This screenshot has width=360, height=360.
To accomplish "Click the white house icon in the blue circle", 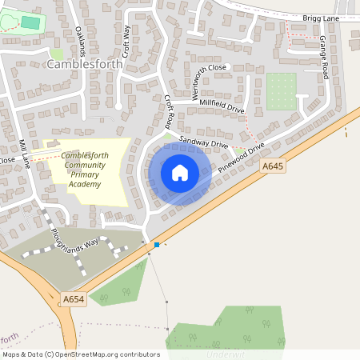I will tap(180, 173).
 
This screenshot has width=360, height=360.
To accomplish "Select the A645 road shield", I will tap(272, 166).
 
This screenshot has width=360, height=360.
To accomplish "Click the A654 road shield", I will tap(73, 299).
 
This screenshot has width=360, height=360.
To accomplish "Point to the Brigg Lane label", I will tap(322, 18).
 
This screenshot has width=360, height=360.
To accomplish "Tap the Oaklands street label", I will tap(80, 38).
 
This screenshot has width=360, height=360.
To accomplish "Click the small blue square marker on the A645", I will tap(158, 244).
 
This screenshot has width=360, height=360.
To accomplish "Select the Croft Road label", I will tap(169, 113).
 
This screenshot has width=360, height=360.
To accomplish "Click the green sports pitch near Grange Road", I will tap(281, 91).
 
